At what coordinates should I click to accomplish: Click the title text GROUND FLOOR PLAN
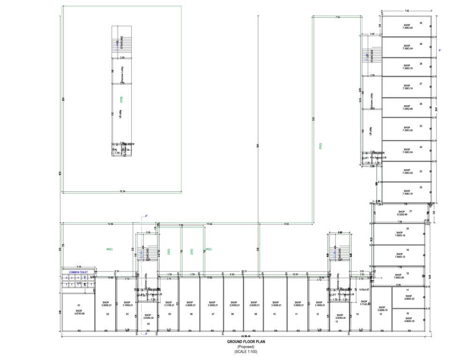click(246, 342)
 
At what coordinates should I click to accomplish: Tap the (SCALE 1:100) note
click(246, 351)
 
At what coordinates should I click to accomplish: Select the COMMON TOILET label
click(78, 272)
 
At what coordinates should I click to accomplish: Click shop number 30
click(421, 23)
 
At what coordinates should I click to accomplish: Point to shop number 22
click(421, 187)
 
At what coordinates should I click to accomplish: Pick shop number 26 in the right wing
click(421, 104)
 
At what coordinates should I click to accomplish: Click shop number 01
click(79, 305)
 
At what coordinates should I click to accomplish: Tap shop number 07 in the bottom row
click(213, 314)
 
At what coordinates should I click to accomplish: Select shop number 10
click(274, 314)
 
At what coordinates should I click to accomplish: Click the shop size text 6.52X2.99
click(400, 214)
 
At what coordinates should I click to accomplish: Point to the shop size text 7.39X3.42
click(407, 130)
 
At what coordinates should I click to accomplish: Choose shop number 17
click(408, 290)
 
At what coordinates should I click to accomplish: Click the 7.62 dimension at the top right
click(407, 10)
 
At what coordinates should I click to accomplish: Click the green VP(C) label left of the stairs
click(109, 249)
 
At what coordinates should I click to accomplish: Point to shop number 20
click(408, 228)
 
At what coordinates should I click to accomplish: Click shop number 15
click(381, 314)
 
